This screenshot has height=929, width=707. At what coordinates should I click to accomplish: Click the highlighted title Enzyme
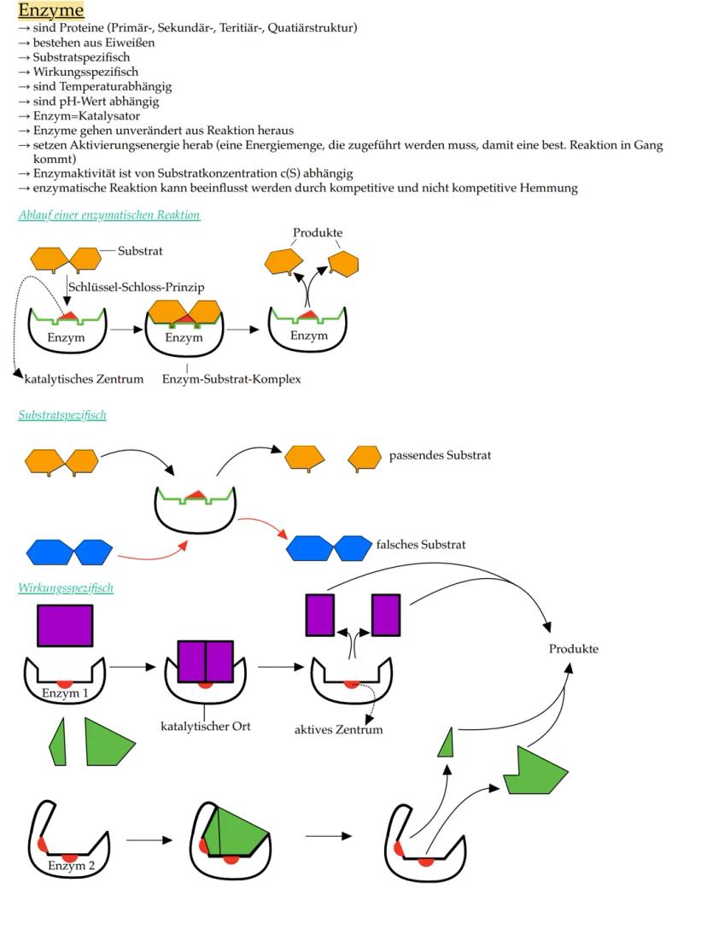(51, 10)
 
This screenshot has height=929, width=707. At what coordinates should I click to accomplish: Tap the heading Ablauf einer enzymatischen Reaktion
(109, 215)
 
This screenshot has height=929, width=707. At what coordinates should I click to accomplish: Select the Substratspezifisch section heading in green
(62, 415)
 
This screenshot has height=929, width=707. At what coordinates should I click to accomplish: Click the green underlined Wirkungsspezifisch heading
(66, 587)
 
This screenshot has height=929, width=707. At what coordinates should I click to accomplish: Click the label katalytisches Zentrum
(84, 378)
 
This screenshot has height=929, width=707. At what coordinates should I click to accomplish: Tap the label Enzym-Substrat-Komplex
(231, 378)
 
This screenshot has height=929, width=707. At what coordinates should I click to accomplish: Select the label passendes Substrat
(440, 455)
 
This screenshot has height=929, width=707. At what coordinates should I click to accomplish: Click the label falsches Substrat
(421, 544)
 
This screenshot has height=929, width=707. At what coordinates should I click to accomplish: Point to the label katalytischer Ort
(206, 727)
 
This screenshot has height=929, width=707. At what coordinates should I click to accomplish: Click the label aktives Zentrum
(339, 729)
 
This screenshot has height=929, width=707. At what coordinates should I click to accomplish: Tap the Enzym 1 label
(65, 692)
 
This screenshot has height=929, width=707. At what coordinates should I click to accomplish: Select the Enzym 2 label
(71, 865)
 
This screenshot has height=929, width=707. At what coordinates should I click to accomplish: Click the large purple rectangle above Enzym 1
(65, 626)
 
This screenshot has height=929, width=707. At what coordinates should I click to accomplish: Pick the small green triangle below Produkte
(445, 744)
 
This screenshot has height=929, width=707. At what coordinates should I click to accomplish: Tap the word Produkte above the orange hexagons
(318, 232)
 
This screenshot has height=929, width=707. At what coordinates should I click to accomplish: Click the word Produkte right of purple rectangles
(573, 648)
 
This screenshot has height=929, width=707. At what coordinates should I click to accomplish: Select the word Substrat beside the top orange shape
(140, 251)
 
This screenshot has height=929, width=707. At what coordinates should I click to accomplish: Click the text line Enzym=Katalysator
(86, 116)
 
